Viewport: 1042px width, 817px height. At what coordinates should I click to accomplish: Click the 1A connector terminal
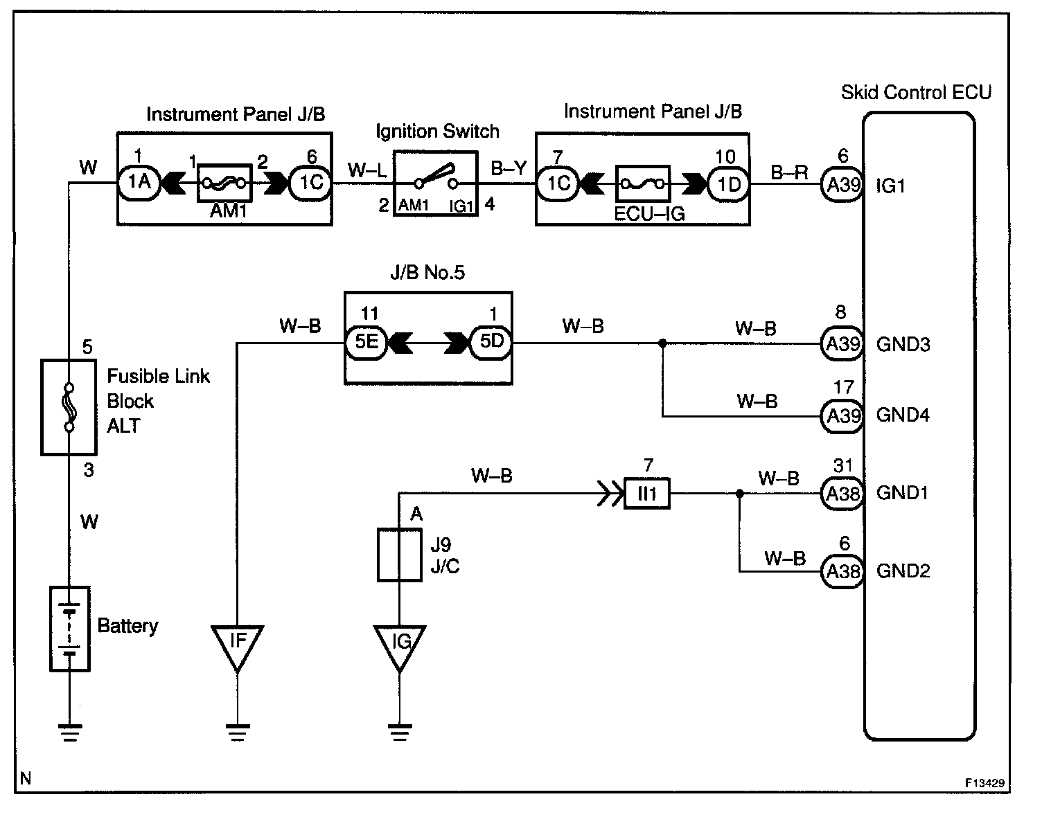tap(139, 182)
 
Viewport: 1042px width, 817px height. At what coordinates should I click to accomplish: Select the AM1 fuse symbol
tap(224, 183)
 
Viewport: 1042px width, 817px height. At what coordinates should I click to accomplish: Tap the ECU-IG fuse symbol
tap(642, 184)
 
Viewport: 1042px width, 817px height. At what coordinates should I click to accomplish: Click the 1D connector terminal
tap(728, 184)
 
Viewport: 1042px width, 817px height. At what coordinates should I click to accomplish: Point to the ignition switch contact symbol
tap(435, 177)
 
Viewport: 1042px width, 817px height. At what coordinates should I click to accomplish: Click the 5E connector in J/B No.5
tap(366, 342)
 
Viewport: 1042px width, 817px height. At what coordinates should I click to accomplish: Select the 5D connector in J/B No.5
tap(491, 342)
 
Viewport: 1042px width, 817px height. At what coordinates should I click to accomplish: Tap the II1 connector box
tap(647, 493)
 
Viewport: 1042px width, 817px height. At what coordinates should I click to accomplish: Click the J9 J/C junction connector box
tap(400, 555)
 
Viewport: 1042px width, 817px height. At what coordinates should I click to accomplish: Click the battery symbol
tap(70, 629)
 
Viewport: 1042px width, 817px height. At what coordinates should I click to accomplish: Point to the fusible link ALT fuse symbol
tap(69, 407)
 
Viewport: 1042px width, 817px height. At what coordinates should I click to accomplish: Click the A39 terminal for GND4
tap(842, 415)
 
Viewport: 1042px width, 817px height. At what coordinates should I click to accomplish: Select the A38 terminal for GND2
tap(842, 571)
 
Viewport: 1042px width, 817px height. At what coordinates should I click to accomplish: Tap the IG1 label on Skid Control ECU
tap(890, 186)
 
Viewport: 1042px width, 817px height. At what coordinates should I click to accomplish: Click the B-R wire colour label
tap(789, 172)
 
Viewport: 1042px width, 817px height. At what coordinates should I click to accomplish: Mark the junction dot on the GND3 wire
tap(663, 343)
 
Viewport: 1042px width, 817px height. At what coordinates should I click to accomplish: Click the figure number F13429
tap(984, 783)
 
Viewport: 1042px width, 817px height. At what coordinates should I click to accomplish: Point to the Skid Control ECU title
tap(916, 93)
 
